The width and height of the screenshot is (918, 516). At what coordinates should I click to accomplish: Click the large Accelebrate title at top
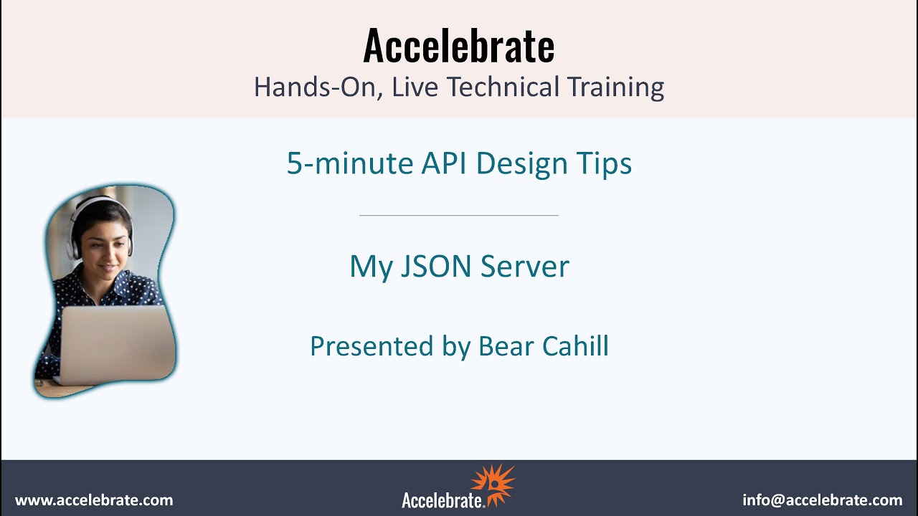click(x=459, y=46)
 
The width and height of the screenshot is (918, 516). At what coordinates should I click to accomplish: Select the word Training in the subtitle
click(x=615, y=87)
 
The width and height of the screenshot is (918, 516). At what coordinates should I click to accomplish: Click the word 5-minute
click(x=349, y=163)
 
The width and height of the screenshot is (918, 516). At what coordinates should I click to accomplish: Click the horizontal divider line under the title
click(x=459, y=215)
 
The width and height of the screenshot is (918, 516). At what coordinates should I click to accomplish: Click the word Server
click(x=525, y=267)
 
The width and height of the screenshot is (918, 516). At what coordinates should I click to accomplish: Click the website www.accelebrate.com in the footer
click(x=94, y=500)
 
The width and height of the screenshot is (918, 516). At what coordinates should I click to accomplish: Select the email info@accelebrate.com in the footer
click(x=823, y=500)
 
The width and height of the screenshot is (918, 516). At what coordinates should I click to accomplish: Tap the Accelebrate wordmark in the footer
click(x=443, y=500)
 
